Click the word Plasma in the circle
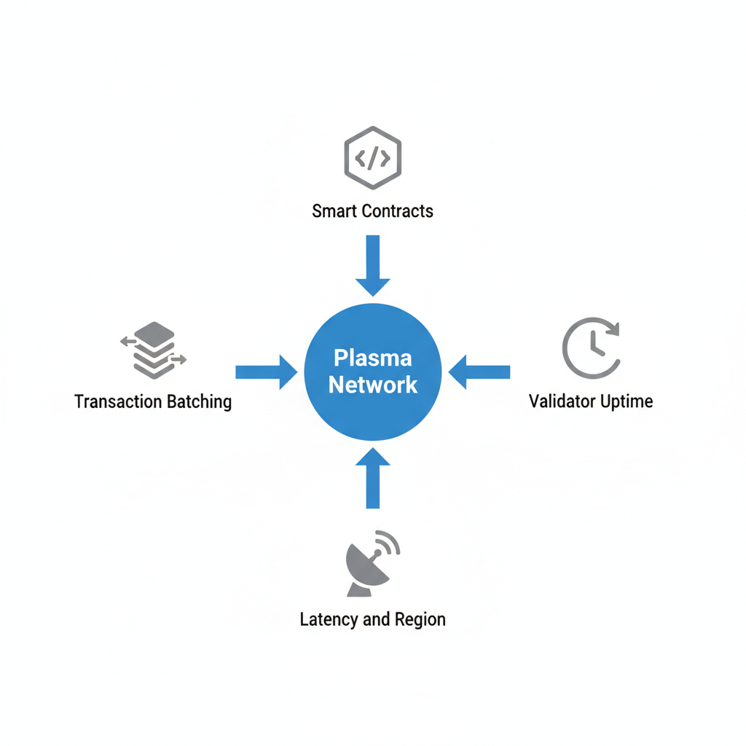pyautogui.click(x=372, y=358)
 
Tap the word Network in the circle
pyautogui.click(x=372, y=385)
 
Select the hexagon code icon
pyautogui.click(x=372, y=157)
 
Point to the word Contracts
pyautogui.click(x=398, y=211)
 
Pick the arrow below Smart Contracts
pyautogui.click(x=372, y=265)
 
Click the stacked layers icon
pyautogui.click(x=154, y=350)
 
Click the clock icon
pyautogui.click(x=592, y=348)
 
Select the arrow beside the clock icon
pyautogui.click(x=479, y=372)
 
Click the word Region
pyautogui.click(x=419, y=620)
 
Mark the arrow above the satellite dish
pyautogui.click(x=372, y=479)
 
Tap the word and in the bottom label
pyautogui.click(x=376, y=620)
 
